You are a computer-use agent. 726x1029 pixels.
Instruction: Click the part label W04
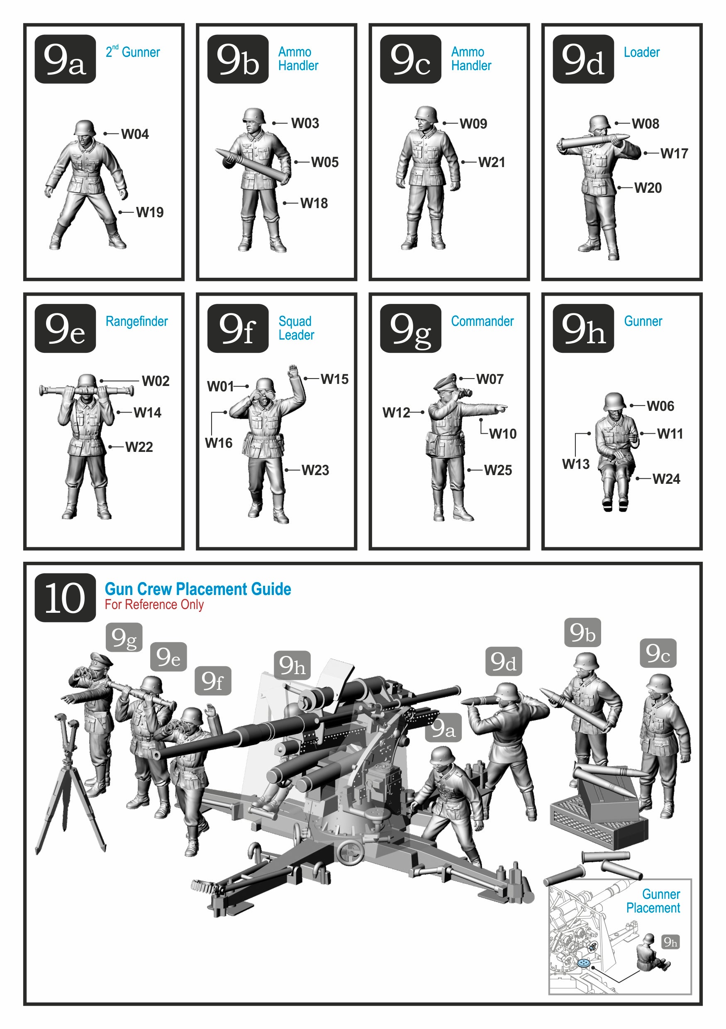point(134,134)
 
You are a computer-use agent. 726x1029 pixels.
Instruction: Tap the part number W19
point(150,212)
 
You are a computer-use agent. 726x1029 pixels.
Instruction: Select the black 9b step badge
point(238,59)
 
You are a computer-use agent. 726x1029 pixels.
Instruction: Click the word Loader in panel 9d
point(641,52)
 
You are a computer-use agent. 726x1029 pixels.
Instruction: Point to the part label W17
point(674,154)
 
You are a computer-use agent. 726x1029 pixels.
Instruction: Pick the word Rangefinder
point(137,321)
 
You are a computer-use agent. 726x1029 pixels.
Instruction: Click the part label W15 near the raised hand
point(334,379)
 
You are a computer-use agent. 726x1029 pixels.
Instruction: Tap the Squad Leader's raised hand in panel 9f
point(293,371)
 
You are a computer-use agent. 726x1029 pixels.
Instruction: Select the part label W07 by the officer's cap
point(490,379)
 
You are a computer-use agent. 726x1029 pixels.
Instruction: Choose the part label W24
point(666,479)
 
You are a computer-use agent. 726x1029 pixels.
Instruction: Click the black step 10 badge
point(65,597)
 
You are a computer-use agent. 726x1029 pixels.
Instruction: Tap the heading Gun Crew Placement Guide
point(198,589)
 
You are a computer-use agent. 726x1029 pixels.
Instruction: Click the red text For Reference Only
point(154,604)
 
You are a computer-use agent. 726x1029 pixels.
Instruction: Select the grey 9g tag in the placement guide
point(124,637)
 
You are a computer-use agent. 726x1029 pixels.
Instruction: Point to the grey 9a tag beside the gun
point(443,728)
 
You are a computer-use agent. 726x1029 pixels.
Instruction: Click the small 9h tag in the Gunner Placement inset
point(670,942)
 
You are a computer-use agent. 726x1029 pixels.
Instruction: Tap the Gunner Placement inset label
point(653,901)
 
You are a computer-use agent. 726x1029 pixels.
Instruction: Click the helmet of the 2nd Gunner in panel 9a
point(85,127)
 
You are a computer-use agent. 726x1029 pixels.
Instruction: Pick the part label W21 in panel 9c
point(492,162)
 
